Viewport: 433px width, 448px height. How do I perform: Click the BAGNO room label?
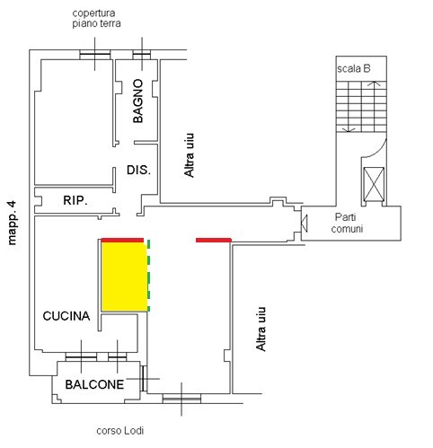(138, 101)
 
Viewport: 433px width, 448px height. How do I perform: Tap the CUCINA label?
(66, 316)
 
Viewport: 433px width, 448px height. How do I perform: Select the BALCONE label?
(94, 384)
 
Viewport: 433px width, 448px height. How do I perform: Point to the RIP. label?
(75, 200)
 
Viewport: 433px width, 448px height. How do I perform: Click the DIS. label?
(138, 170)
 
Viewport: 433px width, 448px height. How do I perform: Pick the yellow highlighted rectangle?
(125, 277)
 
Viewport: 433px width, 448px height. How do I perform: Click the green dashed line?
(148, 276)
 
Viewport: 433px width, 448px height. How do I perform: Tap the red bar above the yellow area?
(122, 240)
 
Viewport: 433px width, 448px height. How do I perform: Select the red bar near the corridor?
(214, 240)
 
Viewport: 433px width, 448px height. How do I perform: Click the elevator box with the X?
(374, 185)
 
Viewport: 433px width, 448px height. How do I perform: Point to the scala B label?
(354, 69)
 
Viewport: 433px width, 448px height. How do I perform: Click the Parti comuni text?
(347, 223)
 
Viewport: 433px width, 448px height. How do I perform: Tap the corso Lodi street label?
(120, 431)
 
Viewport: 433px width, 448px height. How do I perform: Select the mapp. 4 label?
(12, 223)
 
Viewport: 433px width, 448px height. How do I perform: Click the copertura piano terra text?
(96, 18)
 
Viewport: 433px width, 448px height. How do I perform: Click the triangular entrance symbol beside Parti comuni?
(304, 224)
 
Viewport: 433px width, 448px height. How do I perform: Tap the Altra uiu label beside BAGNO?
(189, 155)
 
